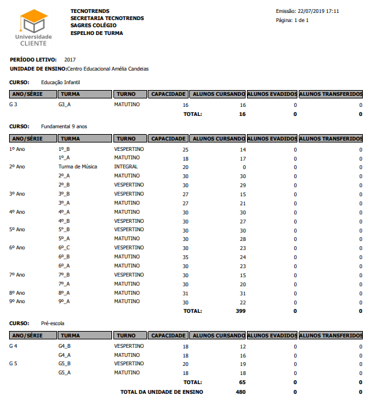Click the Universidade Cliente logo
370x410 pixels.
pos(33,28)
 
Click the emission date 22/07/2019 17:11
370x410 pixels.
pos(317,12)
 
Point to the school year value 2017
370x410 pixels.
pos(70,60)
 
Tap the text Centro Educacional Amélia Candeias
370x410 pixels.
pos(108,68)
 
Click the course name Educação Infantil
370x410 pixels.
pos(60,82)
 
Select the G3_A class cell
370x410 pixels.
pos(65,104)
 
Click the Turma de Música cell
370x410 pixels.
pos(78,166)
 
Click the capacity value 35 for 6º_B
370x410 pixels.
pos(185,257)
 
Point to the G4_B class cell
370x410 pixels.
pos(65,346)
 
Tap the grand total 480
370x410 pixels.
pos(240,392)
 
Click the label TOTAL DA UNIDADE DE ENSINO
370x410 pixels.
pos(161,392)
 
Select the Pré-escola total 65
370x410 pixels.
pos(242,382)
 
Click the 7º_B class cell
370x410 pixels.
pos(64,275)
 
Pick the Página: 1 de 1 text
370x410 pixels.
pos(292,20)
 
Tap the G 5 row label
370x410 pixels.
pos(14,363)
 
